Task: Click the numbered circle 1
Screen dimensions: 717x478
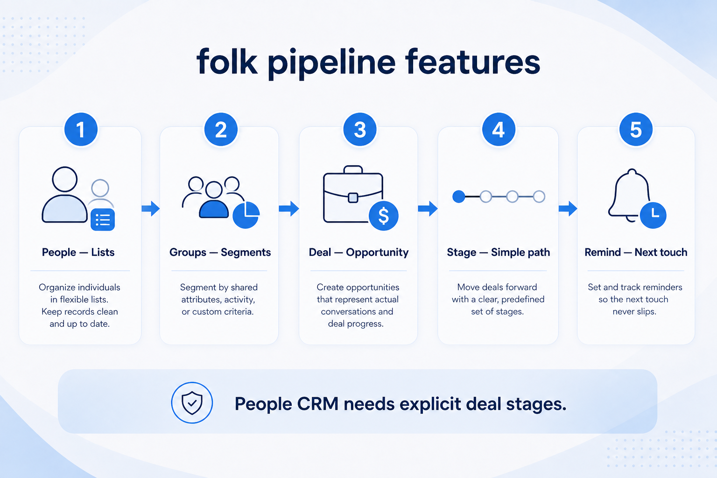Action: point(81,129)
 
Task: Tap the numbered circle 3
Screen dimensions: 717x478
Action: point(360,129)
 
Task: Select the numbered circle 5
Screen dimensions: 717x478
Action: point(636,129)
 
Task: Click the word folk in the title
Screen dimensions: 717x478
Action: point(227,62)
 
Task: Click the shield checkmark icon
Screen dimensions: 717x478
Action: point(192,403)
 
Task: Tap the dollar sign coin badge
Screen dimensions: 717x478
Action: point(383,216)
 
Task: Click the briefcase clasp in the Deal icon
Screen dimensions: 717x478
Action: point(353,197)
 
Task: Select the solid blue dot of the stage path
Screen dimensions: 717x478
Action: point(459,197)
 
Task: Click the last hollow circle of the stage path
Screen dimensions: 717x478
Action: point(539,197)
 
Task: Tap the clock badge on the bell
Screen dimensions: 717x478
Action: point(653,215)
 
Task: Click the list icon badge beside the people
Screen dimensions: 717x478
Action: point(103,220)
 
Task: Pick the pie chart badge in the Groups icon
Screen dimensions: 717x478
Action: point(246,215)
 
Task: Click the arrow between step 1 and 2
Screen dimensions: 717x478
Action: point(150,209)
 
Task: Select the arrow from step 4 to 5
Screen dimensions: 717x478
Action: point(568,209)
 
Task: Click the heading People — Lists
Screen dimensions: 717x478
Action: point(78,252)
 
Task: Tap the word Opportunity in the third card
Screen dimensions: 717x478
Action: point(377,253)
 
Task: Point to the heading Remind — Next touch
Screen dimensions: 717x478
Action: point(636,252)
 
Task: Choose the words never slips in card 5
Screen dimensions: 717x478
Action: point(634,311)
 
